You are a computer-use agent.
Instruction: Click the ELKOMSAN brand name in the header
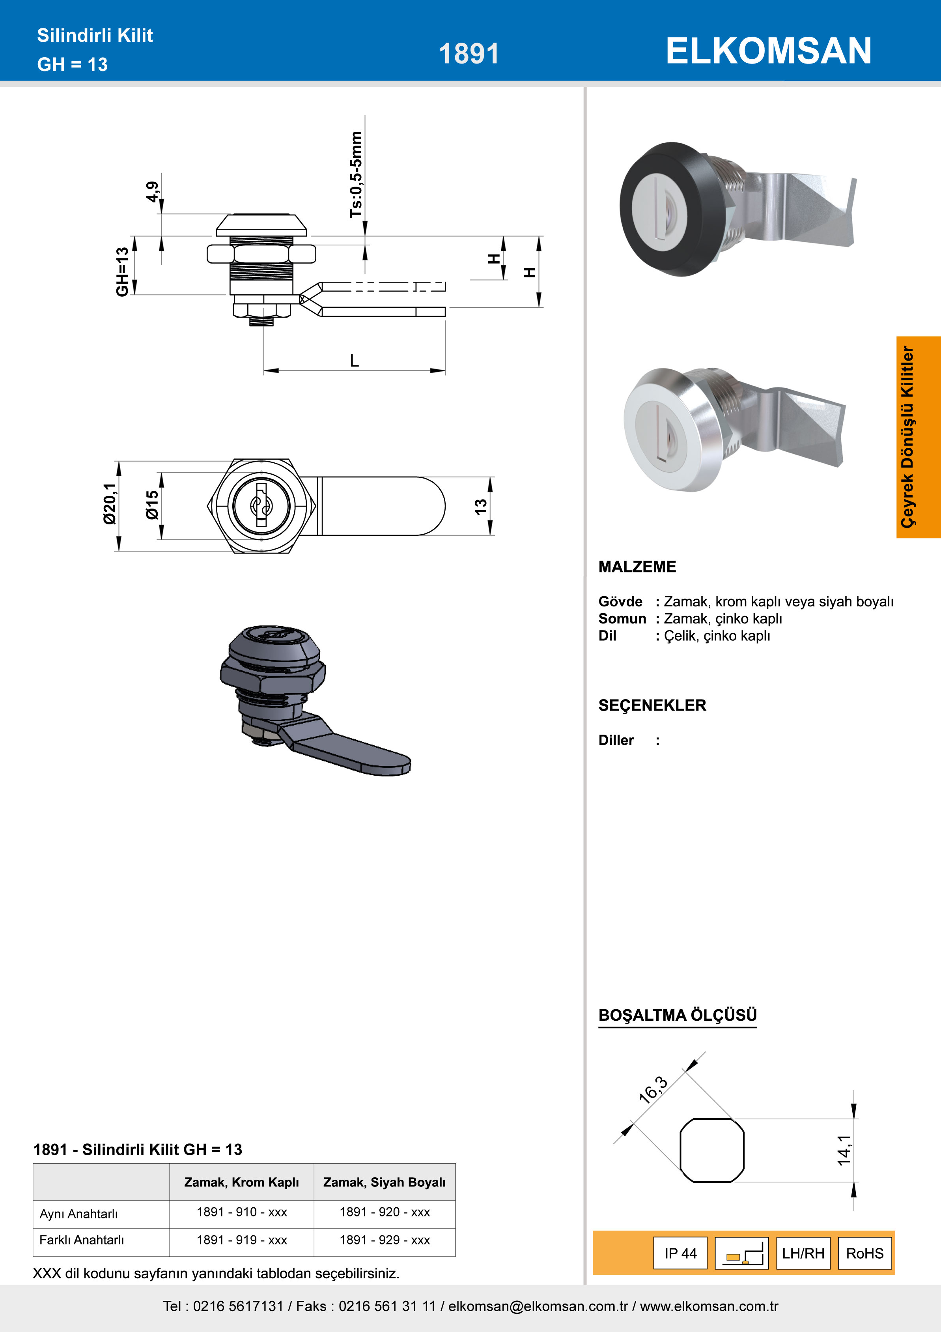coord(768,51)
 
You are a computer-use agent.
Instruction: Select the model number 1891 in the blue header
coord(469,54)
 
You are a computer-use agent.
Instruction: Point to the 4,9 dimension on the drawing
coord(152,192)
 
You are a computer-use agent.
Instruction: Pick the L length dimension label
coord(354,361)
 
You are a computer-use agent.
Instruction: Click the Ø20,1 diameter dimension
coord(110,503)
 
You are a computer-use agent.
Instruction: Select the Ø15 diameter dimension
coord(152,505)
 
